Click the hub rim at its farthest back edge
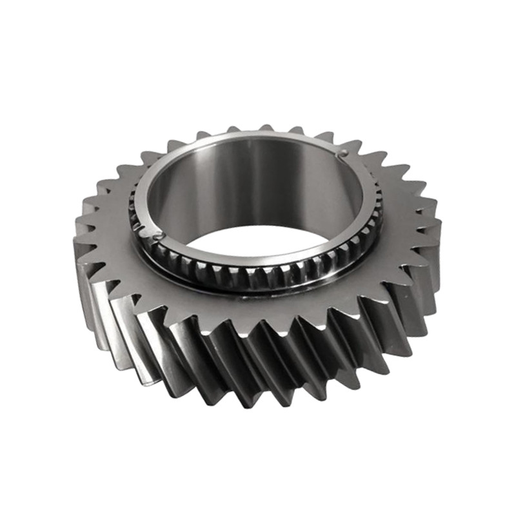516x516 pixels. (258, 137)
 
